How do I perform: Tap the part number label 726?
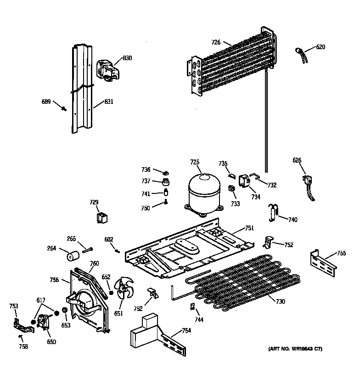point(216,43)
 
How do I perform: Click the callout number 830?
point(127,58)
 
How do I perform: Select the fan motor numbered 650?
point(44,322)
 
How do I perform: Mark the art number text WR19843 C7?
point(295,350)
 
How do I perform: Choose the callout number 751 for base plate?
point(249,228)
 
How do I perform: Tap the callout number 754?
point(186,330)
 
